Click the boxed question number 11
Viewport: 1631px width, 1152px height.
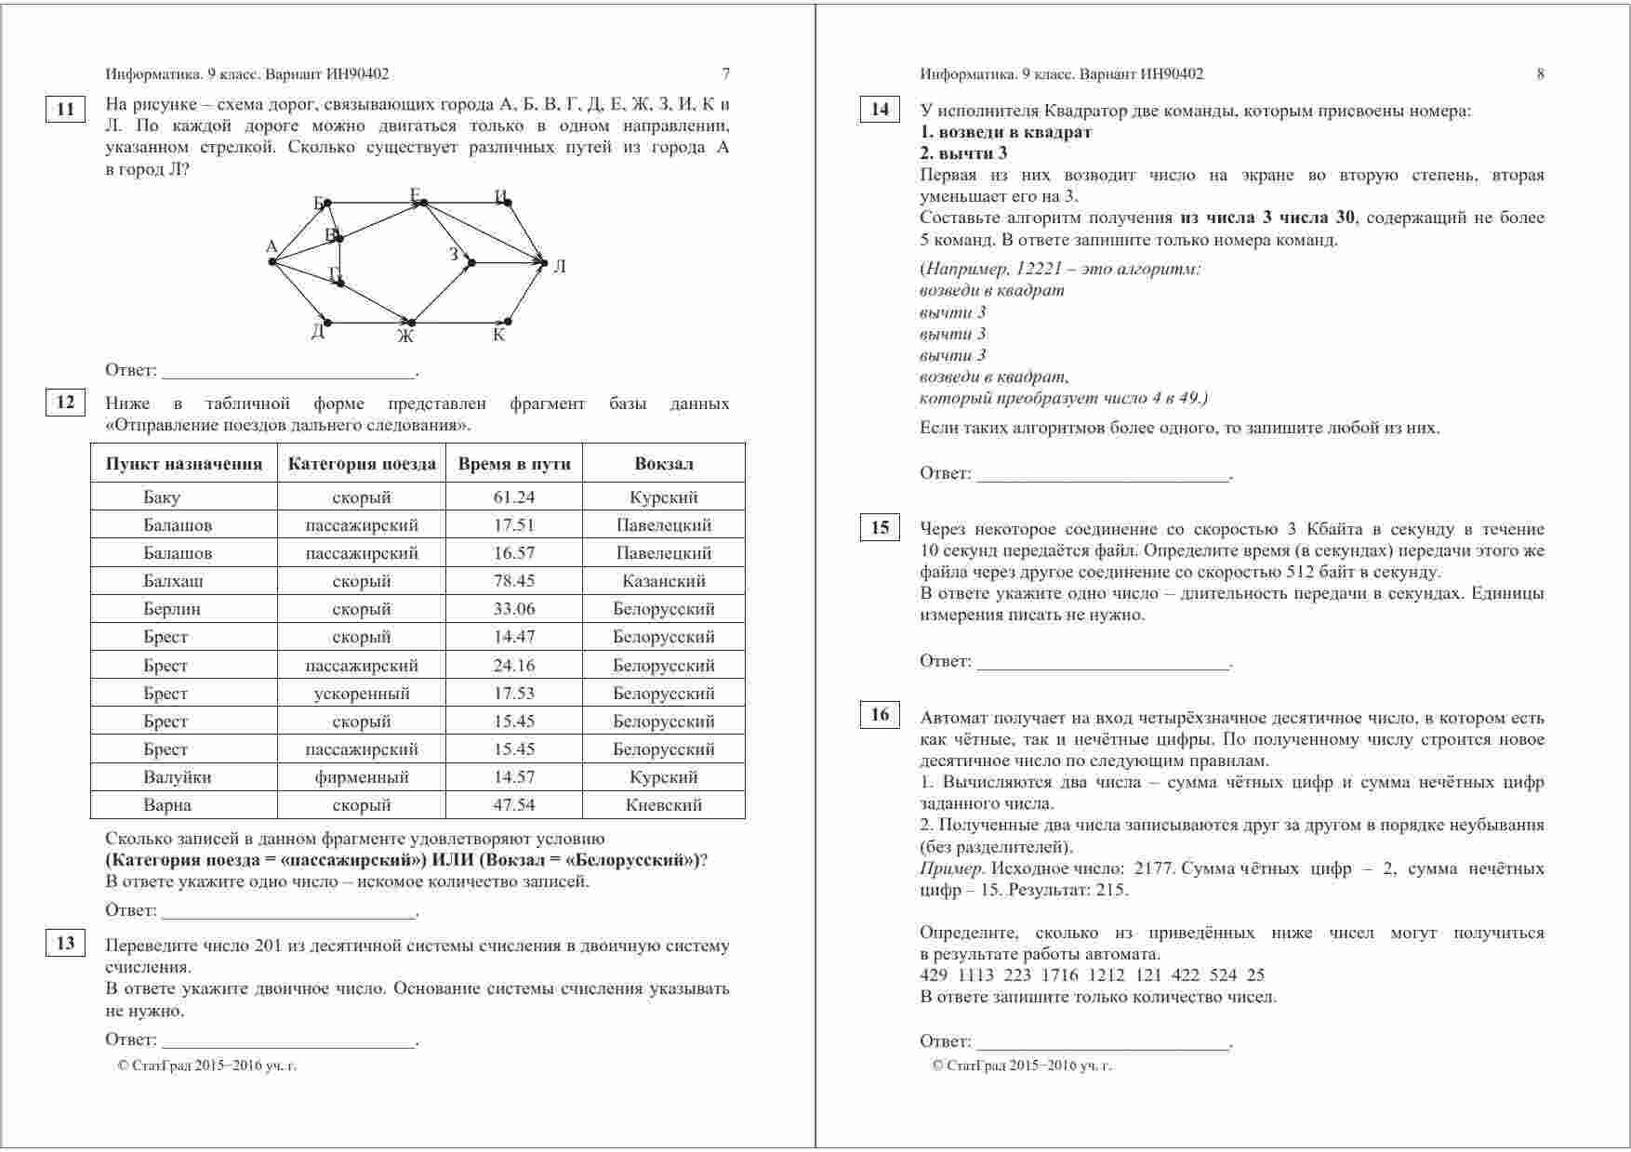pos(65,110)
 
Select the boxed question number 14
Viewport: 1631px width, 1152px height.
pos(880,110)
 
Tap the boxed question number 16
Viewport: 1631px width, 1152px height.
pos(880,715)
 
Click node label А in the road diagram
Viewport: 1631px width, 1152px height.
pos(272,247)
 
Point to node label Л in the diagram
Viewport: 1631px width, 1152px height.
pos(560,267)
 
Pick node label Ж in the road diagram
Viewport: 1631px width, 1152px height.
pos(405,337)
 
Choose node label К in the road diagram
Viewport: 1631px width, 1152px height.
pos(499,336)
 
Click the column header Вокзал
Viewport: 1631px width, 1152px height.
pos(664,464)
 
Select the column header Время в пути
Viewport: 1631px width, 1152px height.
pos(514,464)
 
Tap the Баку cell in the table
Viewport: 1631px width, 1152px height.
pos(162,497)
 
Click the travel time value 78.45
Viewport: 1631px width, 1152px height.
pos(514,581)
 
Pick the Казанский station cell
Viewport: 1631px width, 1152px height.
pos(664,581)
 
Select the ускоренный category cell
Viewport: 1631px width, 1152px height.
pos(362,694)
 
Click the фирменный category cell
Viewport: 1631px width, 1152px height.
pos(362,777)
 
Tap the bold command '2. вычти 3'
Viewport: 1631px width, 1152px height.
pos(963,153)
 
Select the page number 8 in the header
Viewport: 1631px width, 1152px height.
pos(1540,74)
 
